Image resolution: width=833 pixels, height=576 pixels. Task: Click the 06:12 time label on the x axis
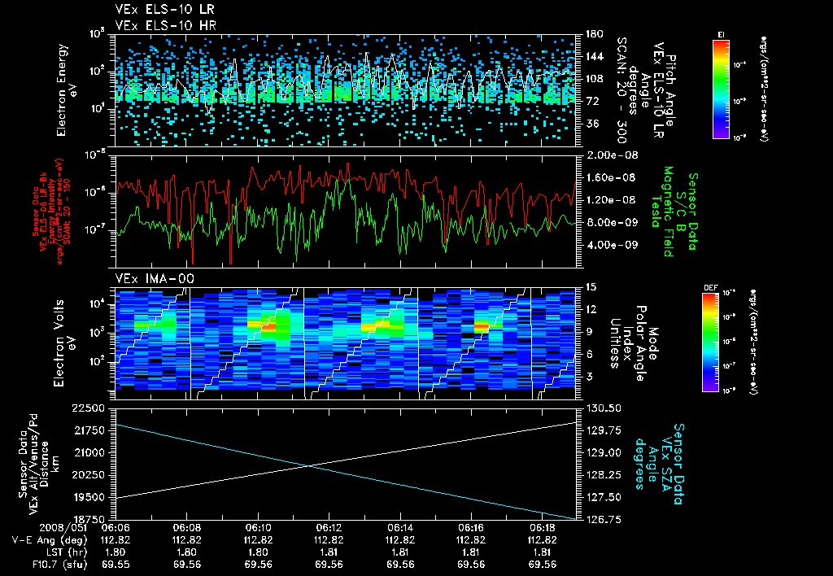tap(328, 528)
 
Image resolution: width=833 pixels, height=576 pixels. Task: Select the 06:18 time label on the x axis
tap(542, 528)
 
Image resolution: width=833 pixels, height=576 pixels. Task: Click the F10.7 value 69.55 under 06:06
tap(117, 564)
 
